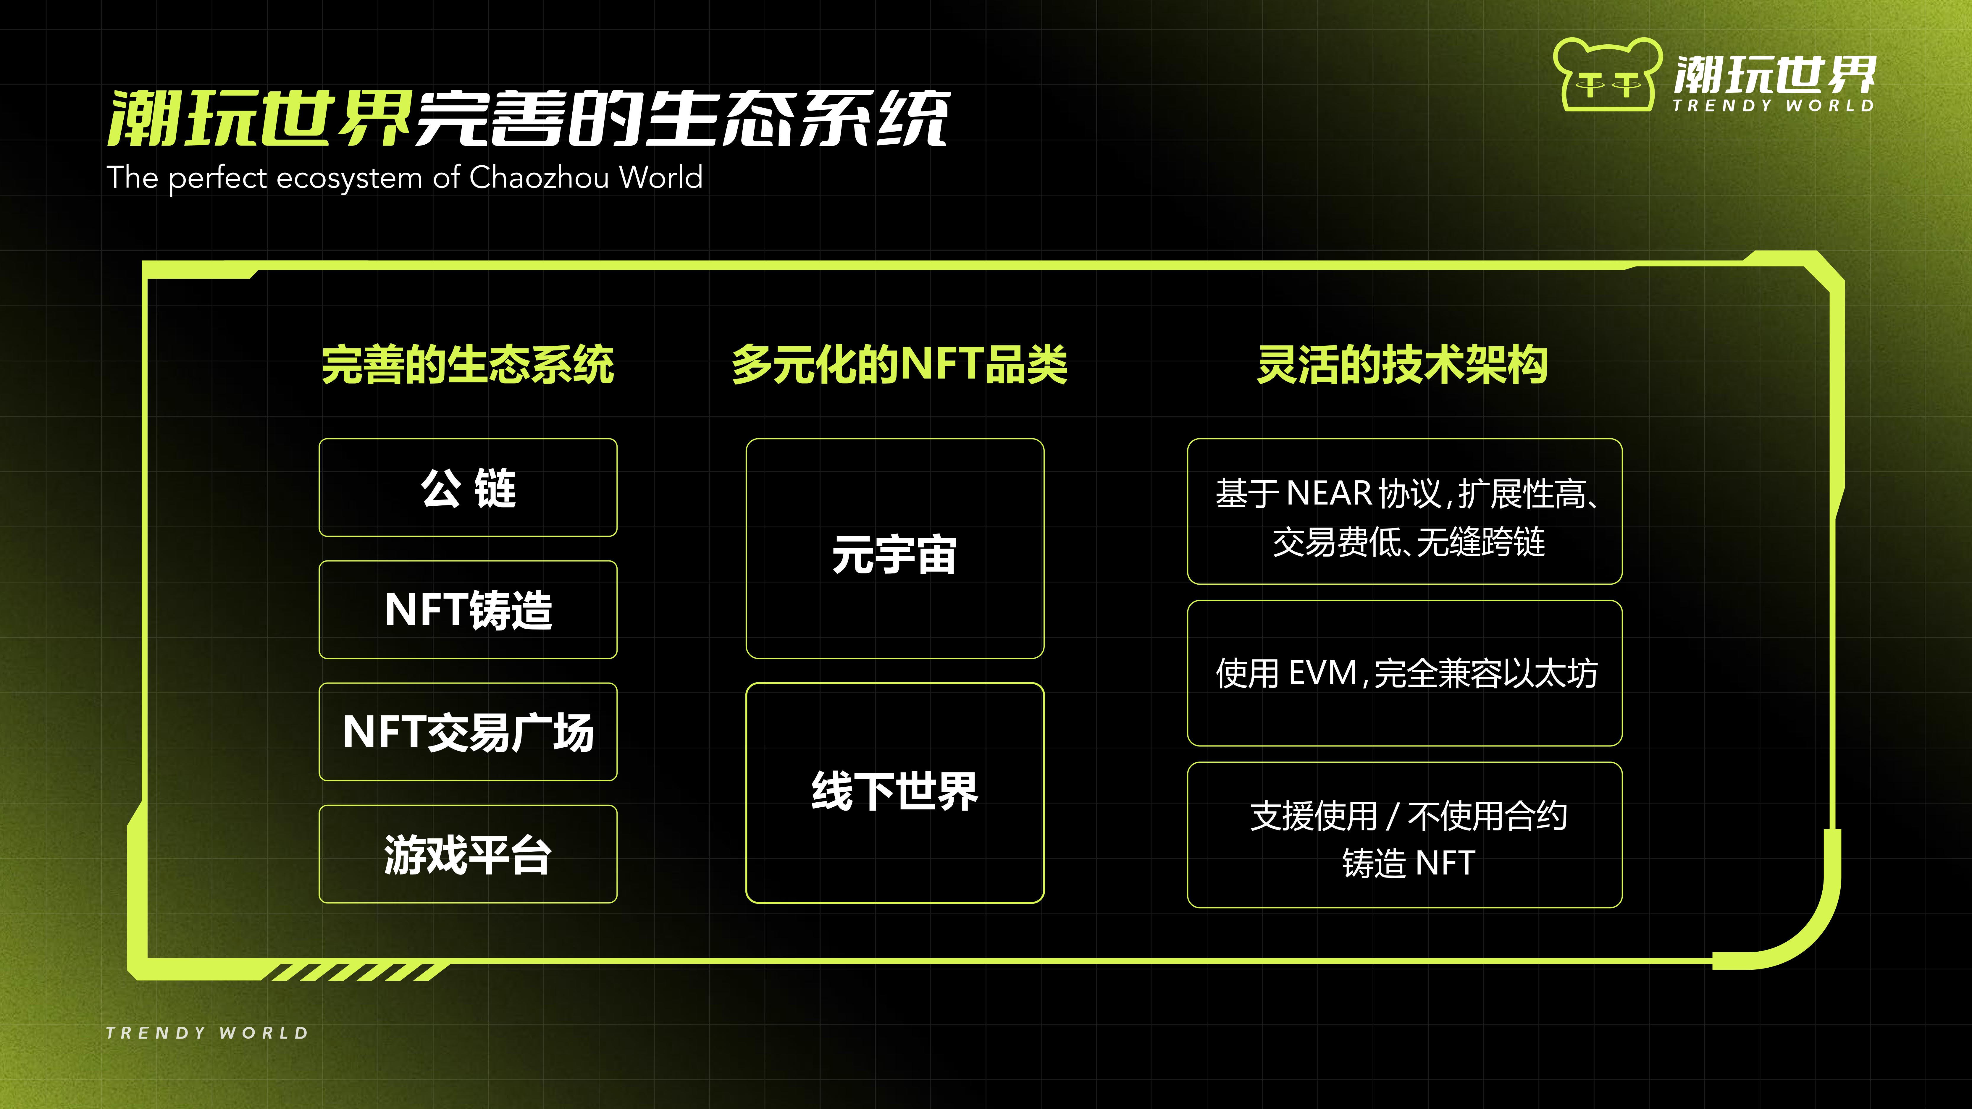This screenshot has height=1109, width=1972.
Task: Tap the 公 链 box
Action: pos(468,488)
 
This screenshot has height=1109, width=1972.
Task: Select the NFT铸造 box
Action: pos(468,610)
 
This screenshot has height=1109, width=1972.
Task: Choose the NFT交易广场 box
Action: pos(468,732)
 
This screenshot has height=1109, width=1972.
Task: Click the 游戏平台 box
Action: pos(468,854)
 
